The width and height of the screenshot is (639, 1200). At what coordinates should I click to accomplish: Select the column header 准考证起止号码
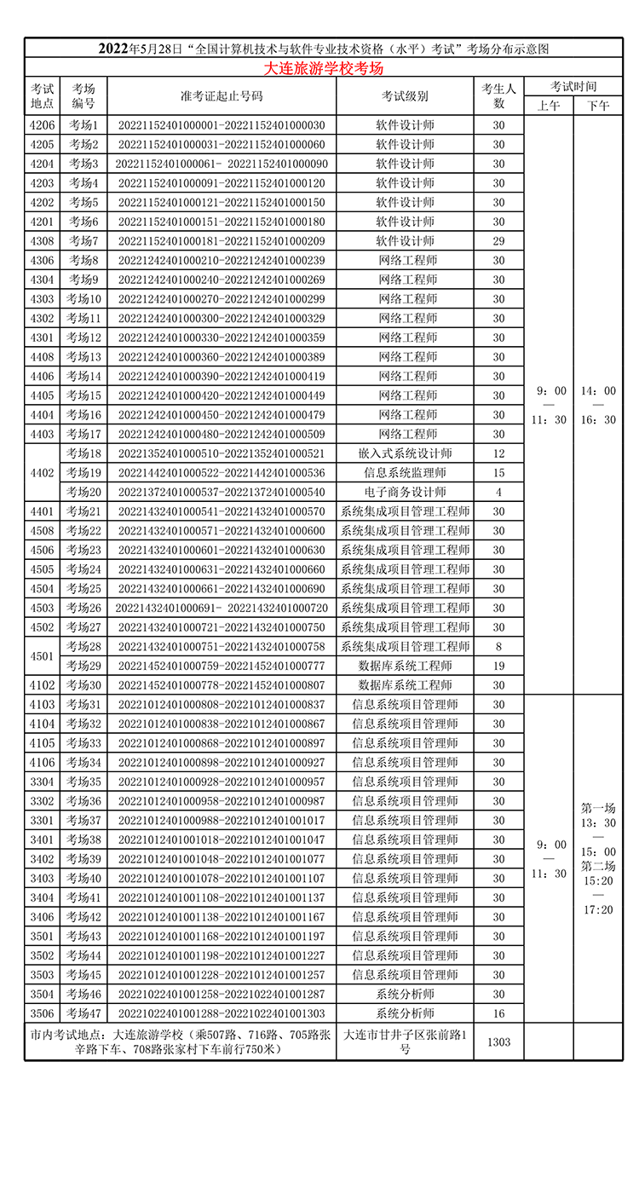tap(222, 96)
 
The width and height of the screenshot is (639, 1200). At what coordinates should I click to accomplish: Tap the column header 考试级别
tap(405, 96)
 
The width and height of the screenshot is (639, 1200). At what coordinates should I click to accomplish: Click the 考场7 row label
tap(83, 241)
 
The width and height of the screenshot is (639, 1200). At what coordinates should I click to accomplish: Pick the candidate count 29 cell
tap(498, 241)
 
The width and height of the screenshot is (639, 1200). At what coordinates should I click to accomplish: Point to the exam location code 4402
tap(42, 473)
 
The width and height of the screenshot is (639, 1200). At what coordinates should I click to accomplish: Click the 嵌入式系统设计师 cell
tap(405, 453)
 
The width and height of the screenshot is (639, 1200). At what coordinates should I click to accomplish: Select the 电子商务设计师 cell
tap(405, 492)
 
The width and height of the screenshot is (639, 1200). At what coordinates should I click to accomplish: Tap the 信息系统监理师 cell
tap(405, 473)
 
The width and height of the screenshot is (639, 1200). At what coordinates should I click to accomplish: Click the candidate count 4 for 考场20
tap(498, 492)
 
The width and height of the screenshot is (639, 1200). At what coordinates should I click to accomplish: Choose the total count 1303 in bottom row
tap(498, 1041)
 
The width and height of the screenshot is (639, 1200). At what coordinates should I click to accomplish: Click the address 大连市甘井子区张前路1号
tap(405, 1041)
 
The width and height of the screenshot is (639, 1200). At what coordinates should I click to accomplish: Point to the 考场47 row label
tap(83, 1013)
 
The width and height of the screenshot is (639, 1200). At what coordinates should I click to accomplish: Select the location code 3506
tap(42, 1013)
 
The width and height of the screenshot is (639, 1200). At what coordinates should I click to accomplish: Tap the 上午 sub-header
tap(548, 106)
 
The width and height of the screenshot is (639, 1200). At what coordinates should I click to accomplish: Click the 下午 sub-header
tap(598, 106)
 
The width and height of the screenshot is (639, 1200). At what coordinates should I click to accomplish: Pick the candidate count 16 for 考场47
tap(498, 1013)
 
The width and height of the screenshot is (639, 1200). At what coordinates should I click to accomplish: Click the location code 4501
tap(42, 656)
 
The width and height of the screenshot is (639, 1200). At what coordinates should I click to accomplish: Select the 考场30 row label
tap(83, 685)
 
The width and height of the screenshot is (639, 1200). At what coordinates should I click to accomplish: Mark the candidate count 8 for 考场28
tap(498, 647)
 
